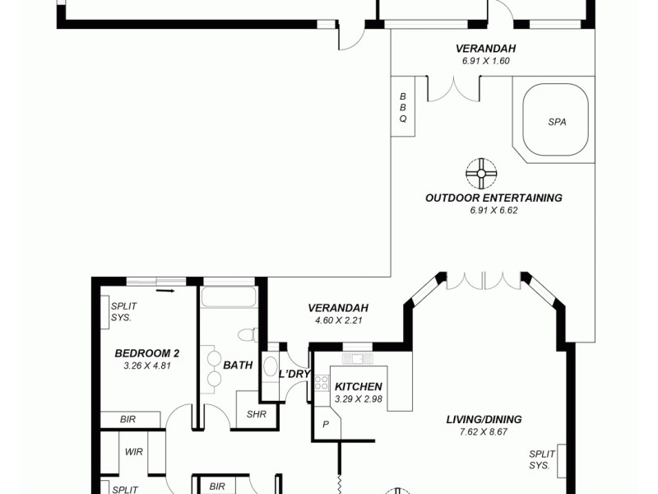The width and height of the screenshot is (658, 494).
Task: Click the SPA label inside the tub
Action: coord(557,122)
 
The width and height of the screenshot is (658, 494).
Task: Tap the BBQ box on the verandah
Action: coord(403,108)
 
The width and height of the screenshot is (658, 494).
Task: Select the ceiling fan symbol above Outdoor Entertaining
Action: coord(481,173)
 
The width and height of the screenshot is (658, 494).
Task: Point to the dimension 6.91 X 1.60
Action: coord(484,61)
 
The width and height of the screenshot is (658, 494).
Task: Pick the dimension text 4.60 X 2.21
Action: coord(339,320)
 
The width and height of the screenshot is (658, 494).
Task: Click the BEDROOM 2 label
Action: coord(147,353)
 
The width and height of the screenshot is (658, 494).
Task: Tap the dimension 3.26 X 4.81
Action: coord(146,366)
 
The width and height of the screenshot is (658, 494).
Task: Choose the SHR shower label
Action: coord(256,414)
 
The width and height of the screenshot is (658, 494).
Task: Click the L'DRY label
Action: coord(294,374)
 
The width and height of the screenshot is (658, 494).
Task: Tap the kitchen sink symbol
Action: coord(359,358)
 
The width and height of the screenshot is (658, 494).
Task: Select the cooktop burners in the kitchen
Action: coord(322,384)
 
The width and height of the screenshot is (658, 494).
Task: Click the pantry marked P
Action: coord(325,426)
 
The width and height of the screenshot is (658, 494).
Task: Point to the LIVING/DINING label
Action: coord(484,419)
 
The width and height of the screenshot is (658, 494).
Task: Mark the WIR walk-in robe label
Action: coord(134,452)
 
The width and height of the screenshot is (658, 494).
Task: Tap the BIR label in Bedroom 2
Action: coord(127,419)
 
